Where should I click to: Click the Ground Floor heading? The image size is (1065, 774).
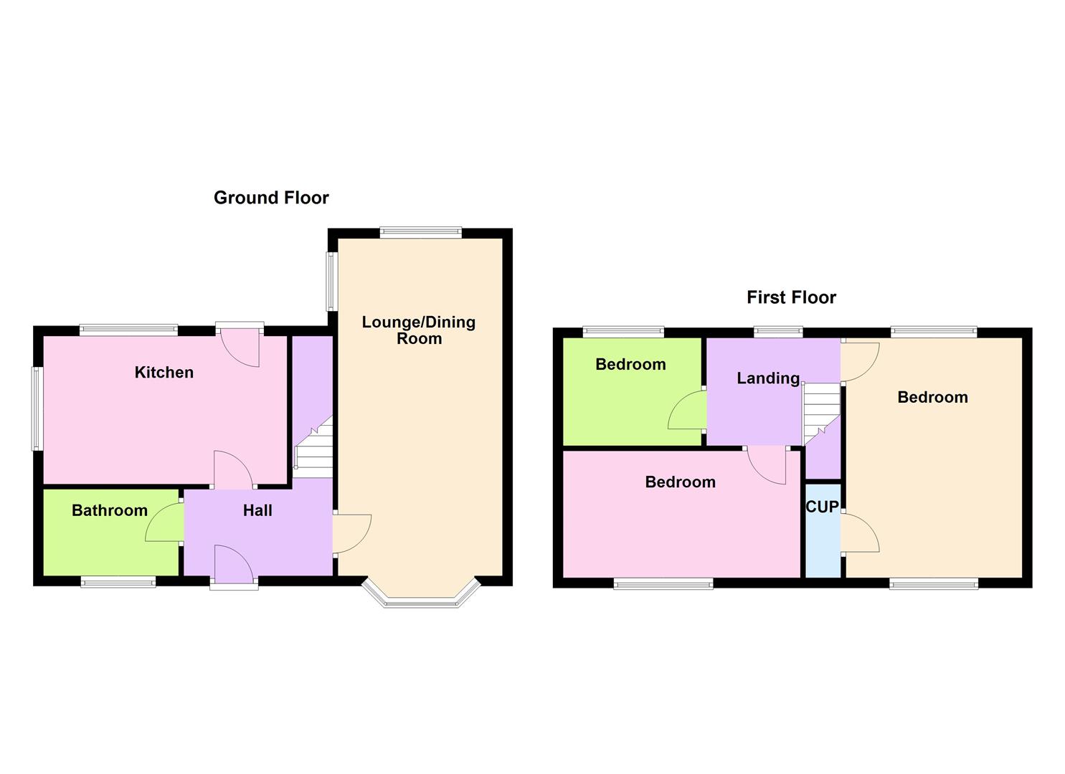pos(271,198)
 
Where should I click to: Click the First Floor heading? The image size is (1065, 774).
pos(791,297)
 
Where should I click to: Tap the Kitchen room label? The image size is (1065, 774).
pos(164,372)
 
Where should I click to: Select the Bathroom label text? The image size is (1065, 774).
pos(110,510)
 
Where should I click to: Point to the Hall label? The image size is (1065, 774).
pos(257,510)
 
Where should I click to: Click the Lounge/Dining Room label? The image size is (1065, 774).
pos(419,330)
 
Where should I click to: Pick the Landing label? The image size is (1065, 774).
pos(768,378)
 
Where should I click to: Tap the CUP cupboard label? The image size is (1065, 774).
pos(822,507)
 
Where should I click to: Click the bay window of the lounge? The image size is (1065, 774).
pos(420,601)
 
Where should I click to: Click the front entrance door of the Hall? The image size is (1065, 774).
pos(234,566)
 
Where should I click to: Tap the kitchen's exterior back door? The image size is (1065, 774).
pos(240,345)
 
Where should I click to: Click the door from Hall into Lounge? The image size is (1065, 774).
pos(351,534)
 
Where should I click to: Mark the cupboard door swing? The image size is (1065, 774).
pos(860,533)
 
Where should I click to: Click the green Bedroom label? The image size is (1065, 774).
pos(630,364)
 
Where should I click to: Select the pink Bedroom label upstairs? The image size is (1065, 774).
pos(680,482)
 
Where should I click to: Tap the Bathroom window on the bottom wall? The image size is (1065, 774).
pos(118,583)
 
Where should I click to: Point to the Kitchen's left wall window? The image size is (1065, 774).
pos(36,408)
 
